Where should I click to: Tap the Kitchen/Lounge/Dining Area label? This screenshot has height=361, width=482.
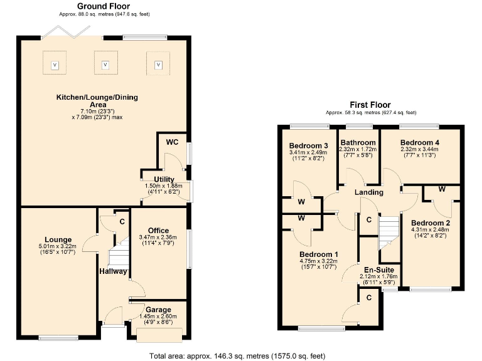click(x=97, y=102)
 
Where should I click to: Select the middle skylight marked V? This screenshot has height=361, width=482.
click(x=105, y=65)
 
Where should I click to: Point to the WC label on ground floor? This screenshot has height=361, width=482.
click(x=173, y=142)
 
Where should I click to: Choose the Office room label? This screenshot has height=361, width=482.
click(x=159, y=230)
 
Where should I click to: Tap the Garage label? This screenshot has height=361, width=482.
click(x=158, y=310)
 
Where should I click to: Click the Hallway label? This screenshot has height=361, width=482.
click(x=113, y=271)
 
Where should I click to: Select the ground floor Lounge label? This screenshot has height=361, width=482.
click(x=57, y=239)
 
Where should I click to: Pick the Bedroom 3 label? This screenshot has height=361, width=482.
click(x=308, y=145)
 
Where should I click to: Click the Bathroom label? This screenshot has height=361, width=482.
click(x=358, y=142)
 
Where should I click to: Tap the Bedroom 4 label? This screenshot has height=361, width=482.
click(x=419, y=142)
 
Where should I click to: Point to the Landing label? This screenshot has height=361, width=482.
click(x=368, y=192)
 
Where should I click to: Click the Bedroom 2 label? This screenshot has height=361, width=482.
click(x=431, y=222)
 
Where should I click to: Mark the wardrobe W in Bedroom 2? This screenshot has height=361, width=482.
click(x=441, y=189)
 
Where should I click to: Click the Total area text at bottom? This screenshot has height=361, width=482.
click(x=237, y=355)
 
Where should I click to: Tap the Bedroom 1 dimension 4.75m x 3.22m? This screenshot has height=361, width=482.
click(x=319, y=261)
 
